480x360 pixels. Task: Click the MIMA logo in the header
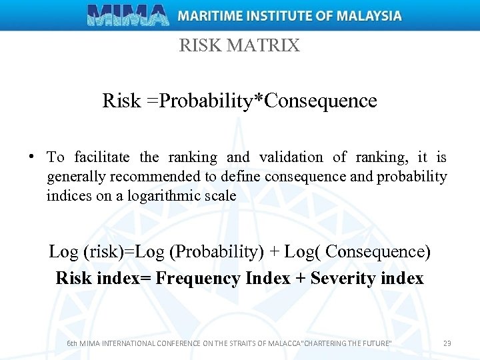click(128, 15)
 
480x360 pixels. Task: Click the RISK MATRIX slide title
click(239, 46)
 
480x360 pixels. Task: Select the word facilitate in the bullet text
click(102, 158)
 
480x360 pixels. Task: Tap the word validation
click(291, 158)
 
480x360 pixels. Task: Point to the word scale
click(219, 195)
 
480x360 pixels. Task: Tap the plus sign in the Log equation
click(273, 252)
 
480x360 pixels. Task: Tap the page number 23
click(447, 343)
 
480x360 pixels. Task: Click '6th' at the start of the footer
click(73, 343)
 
